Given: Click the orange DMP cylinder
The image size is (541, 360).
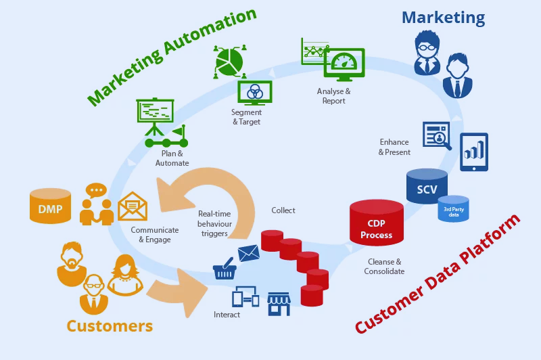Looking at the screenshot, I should [50, 206].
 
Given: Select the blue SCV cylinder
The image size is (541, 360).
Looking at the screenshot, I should [427, 187].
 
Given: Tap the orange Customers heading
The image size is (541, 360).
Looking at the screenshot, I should [110, 325].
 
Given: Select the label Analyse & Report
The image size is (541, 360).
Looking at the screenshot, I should [334, 96].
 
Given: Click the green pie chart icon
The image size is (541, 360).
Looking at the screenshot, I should [229, 61].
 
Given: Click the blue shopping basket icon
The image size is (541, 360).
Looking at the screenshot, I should [224, 271].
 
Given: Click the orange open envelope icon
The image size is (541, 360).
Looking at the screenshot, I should [133, 206].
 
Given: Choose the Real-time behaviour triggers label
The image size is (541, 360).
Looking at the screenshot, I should [214, 224].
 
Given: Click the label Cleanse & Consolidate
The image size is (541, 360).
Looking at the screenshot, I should [384, 267].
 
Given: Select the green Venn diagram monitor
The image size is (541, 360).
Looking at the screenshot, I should [255, 92].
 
